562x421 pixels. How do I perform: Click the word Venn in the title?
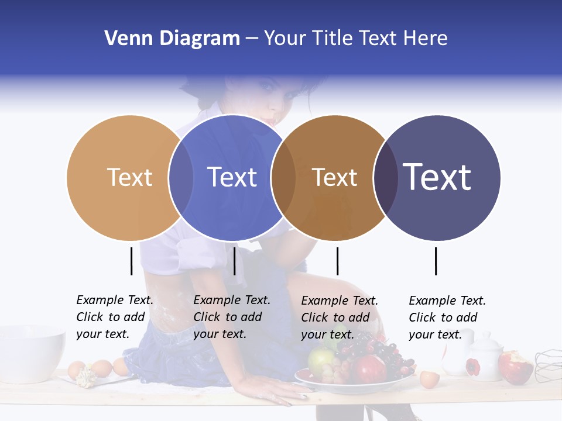pos(121,39)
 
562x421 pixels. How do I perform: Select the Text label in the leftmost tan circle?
pos(129,177)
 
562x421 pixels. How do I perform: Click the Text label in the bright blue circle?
pos(232,177)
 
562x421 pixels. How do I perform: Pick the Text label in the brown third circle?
pos(334,177)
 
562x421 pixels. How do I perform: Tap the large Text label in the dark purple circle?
pos(437,177)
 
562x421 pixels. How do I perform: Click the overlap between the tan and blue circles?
pos(181,177)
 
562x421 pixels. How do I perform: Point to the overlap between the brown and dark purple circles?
pos(385,177)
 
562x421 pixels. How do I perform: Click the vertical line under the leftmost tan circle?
pos(132,261)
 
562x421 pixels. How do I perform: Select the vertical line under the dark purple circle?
pos(436,261)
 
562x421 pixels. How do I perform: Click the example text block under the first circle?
pos(115,317)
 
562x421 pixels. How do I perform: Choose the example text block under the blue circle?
pos(232,317)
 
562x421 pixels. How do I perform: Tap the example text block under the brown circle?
pos(340,318)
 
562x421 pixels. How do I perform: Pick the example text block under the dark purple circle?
pos(447,318)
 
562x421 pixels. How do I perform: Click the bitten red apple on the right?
pos(515,367)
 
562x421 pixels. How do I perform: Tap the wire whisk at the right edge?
pos(549,365)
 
